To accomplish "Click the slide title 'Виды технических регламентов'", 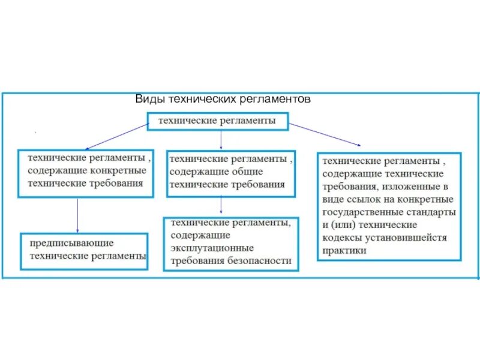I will click(223, 99).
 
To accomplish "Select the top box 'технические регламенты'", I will click(217, 121).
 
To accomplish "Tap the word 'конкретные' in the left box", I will click(123, 172).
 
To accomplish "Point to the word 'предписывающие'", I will click(71, 243).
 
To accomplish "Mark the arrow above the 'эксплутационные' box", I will click(222, 206).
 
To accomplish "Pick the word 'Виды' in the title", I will click(146, 99).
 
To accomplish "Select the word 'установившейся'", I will click(406, 238).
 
